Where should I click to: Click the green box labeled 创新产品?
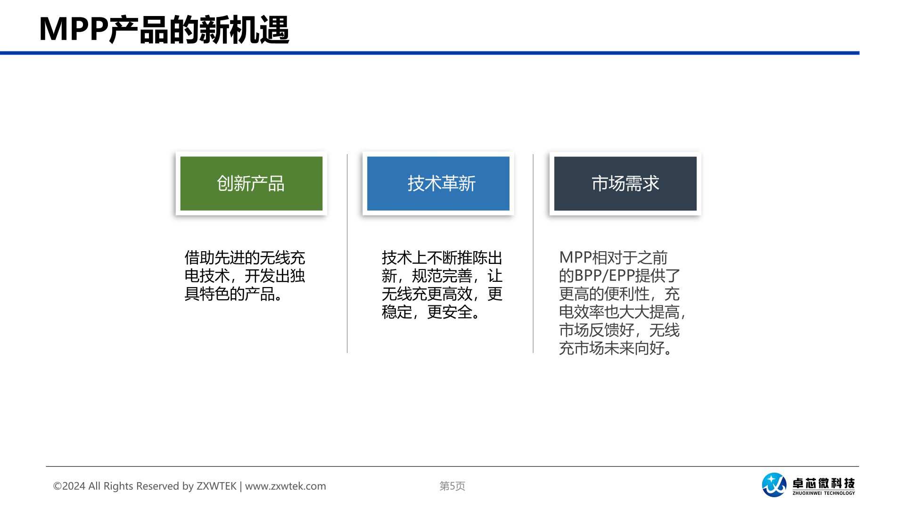251,183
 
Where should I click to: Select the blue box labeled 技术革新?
438,183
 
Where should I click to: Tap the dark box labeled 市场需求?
625,183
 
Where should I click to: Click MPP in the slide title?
74,30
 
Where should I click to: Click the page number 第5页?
452,486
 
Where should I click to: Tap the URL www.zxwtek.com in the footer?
286,486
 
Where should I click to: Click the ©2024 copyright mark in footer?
69,486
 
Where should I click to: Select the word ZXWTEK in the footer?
216,486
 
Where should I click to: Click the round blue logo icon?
774,485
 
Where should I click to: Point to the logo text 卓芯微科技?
823,483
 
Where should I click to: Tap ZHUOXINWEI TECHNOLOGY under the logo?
823,493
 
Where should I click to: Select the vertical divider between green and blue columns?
347,253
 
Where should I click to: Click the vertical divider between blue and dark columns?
533,253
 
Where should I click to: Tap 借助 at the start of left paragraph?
199,258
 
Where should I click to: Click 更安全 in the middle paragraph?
450,312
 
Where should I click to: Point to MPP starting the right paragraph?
575,258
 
